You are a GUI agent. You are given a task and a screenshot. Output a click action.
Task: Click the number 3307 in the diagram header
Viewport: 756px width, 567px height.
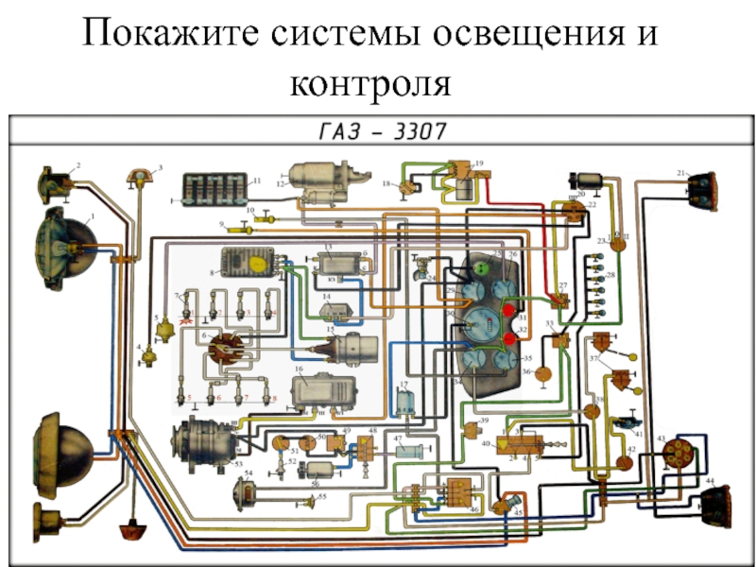click(413, 132)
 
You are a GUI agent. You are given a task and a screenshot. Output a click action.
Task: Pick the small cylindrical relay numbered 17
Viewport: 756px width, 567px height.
click(406, 403)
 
